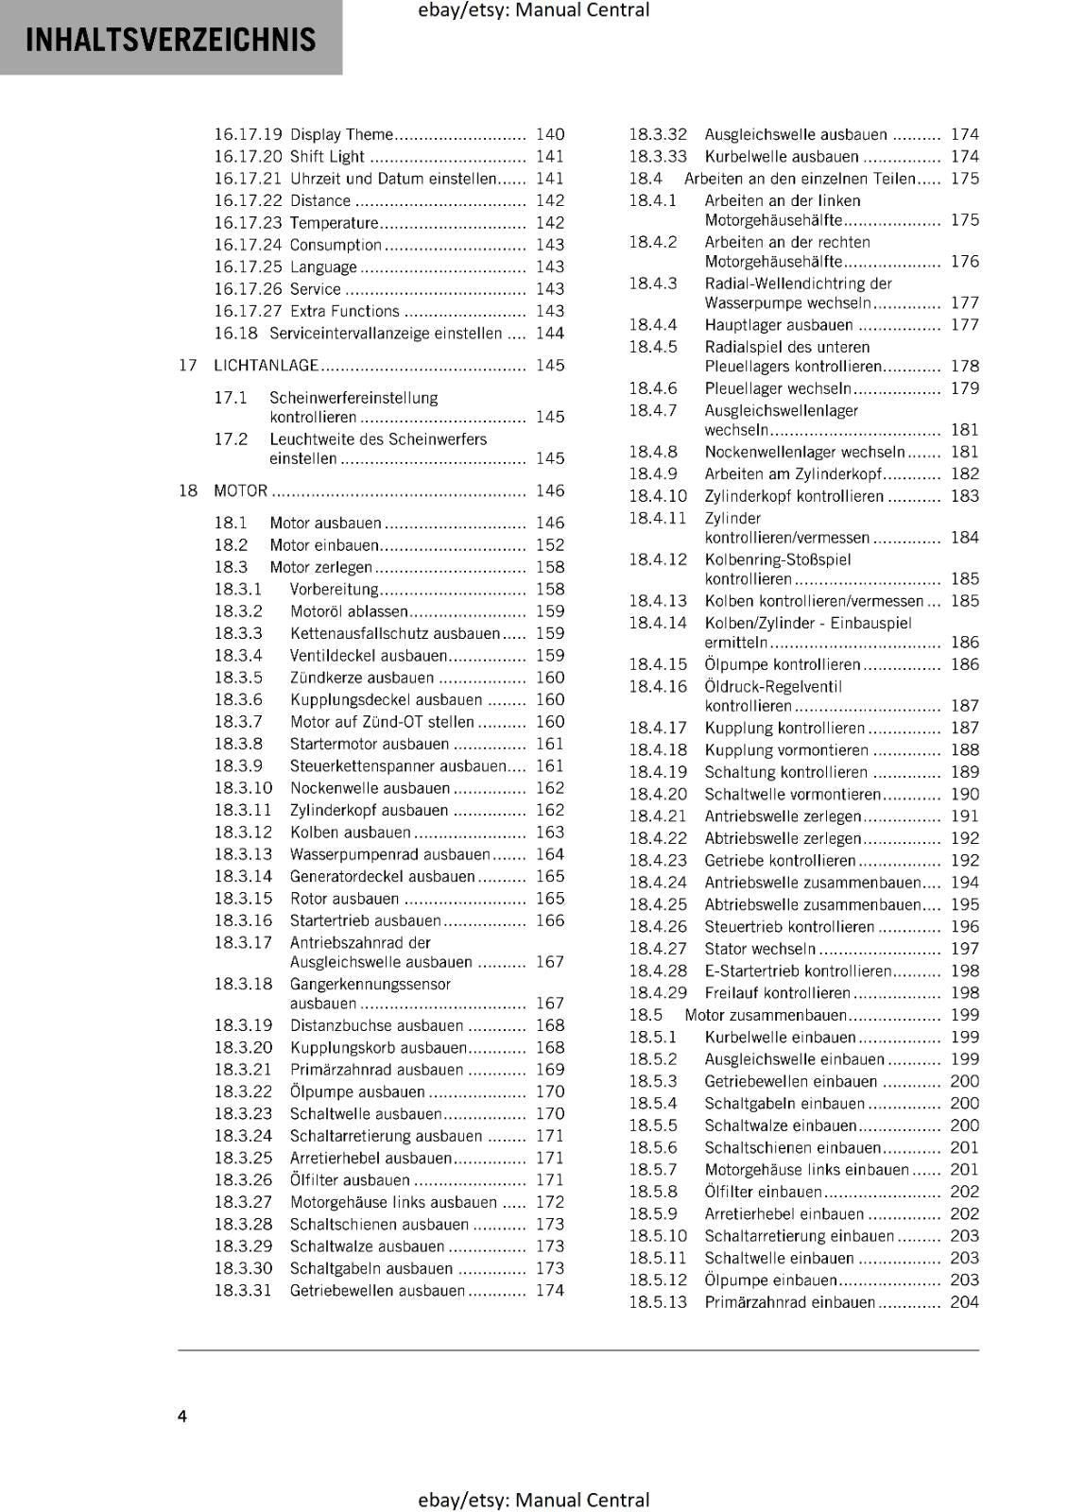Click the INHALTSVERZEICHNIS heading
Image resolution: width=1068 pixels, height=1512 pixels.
[x=171, y=40]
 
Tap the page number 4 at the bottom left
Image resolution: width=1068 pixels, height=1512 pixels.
[x=182, y=1416]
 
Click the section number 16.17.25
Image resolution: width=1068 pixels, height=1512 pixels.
[x=248, y=266]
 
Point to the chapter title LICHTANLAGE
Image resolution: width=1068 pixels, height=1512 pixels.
[x=266, y=366]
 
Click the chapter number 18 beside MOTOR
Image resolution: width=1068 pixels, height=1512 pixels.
[x=188, y=490]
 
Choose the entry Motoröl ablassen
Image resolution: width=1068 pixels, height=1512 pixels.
[x=349, y=611]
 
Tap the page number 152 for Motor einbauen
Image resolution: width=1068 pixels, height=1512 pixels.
[x=549, y=545]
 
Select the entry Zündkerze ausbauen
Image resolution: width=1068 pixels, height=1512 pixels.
[x=362, y=678]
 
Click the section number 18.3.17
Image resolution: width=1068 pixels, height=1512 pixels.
[x=243, y=942]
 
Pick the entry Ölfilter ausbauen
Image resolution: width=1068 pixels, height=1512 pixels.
[x=350, y=1180]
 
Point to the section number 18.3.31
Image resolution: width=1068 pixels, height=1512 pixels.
[x=243, y=1291]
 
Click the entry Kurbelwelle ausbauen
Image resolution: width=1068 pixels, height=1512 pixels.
[x=782, y=157]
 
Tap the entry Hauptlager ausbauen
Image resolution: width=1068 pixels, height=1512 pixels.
[x=766, y=325]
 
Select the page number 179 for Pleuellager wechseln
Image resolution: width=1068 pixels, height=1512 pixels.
[x=964, y=388]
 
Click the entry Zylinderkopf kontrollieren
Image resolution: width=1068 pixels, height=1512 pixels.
[x=794, y=496]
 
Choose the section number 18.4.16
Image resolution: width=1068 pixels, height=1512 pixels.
[x=658, y=687]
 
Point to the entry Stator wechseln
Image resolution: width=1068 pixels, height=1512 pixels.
[x=760, y=949]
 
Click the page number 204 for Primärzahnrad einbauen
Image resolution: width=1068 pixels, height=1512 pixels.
[x=964, y=1302]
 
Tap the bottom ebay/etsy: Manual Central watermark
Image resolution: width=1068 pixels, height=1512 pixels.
[x=533, y=1500]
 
